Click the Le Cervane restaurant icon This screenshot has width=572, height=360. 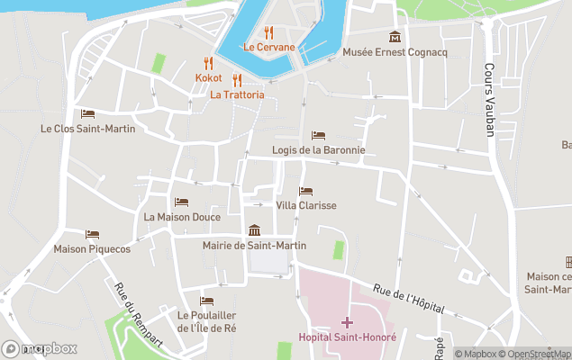click(x=268, y=32)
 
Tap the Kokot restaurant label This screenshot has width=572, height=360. click(x=209, y=78)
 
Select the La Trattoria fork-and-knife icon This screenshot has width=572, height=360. click(x=238, y=79)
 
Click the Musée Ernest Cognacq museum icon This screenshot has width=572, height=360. click(x=395, y=37)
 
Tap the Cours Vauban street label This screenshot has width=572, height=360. click(x=490, y=100)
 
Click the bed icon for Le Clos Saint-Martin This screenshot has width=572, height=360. click(x=87, y=113)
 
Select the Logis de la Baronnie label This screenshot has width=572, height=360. click(x=318, y=150)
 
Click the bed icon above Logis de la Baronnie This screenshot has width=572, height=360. click(x=318, y=135)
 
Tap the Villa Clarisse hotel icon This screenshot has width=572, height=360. click(x=305, y=191)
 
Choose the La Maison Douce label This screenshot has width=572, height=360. click(x=182, y=217)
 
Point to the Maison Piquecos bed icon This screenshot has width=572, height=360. click(x=92, y=234)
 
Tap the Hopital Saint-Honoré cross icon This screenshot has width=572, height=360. click(x=347, y=321)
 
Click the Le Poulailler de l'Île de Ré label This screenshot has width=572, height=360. click(x=206, y=321)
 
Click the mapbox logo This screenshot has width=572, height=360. click(x=40, y=348)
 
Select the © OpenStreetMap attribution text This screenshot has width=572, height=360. click(x=537, y=354)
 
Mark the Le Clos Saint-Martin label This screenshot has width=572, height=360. click(x=87, y=129)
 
